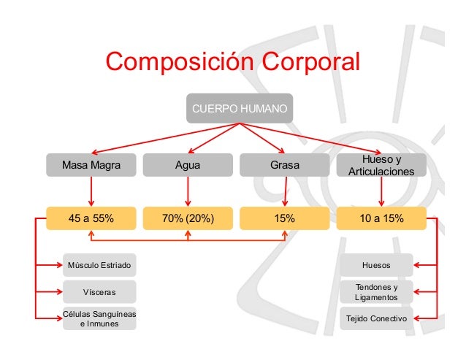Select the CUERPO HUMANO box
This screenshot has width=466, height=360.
click(x=239, y=108)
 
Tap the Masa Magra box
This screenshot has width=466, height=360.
click(x=91, y=165)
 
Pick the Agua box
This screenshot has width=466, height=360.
click(x=188, y=165)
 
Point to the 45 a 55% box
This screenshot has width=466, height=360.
click(x=91, y=218)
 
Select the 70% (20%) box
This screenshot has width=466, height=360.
click(x=188, y=218)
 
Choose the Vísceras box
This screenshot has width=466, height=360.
click(x=99, y=292)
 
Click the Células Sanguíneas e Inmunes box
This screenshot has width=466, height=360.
click(x=99, y=318)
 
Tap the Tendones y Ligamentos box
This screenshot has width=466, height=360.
click(x=376, y=292)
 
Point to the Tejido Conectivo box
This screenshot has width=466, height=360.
click(x=376, y=318)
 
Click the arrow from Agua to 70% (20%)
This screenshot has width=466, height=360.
click(x=188, y=192)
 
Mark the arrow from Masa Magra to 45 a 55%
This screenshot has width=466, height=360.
click(x=91, y=192)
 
